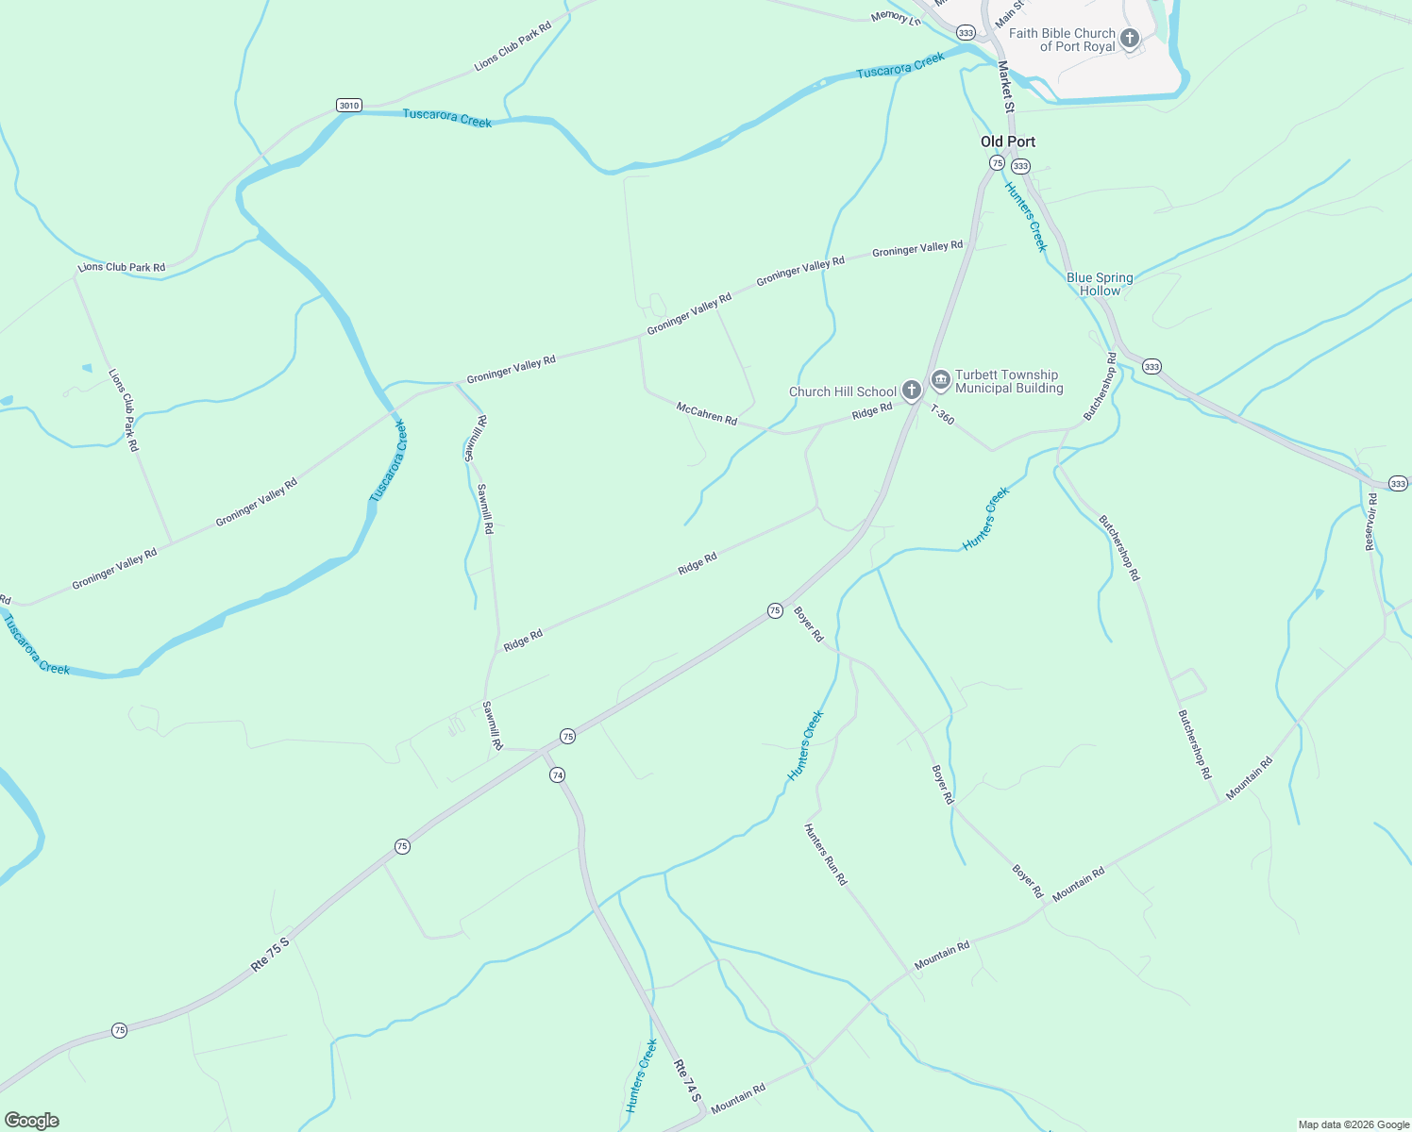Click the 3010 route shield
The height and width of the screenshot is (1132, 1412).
(349, 106)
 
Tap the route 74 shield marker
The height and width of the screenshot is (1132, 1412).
(558, 775)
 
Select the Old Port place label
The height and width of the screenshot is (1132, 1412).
(1008, 141)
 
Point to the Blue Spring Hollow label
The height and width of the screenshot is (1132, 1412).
(1100, 284)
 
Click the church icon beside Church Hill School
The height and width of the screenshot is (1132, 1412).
(911, 390)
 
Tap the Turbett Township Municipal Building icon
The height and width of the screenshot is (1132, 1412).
(940, 380)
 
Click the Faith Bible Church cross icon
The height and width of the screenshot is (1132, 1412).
(1129, 39)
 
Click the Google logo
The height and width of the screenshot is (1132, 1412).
(31, 1121)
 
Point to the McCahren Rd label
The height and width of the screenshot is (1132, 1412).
(707, 413)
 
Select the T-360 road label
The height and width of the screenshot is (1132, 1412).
(942, 414)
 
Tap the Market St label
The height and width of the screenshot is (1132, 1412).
(1006, 87)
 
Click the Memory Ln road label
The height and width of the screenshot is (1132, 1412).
(895, 17)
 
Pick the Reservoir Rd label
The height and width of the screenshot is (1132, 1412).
(1371, 523)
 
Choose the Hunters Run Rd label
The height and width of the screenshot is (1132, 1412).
(825, 855)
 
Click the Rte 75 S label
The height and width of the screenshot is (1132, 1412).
(270, 955)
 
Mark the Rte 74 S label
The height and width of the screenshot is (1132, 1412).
(687, 1081)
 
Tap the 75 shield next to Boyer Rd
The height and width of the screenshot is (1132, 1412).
(775, 611)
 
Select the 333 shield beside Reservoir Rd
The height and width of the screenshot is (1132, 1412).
(1398, 484)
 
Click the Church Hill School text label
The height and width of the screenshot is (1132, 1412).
(843, 391)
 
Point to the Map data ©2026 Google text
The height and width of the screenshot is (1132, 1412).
(1353, 1124)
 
